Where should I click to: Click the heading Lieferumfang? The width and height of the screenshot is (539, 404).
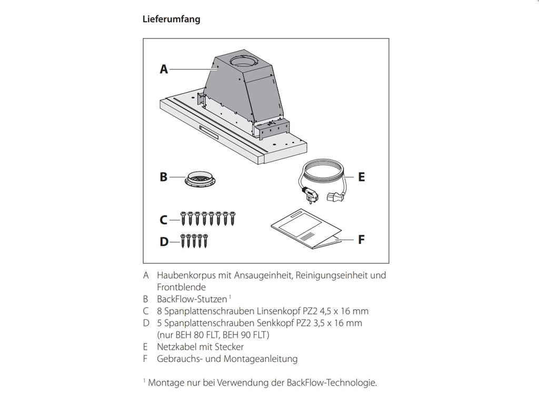pos(171,19)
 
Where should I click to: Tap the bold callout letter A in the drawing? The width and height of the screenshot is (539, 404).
pos(164,69)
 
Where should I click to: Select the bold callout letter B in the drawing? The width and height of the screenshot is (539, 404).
pos(164,177)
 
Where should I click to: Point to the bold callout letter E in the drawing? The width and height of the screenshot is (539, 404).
pos(361,177)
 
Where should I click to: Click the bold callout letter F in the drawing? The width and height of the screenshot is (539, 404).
pos(361,239)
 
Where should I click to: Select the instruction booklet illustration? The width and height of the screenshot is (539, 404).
pos(306,228)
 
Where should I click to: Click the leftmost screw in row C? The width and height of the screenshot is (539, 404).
pos(183,218)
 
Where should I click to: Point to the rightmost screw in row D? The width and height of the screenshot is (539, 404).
pos(205,240)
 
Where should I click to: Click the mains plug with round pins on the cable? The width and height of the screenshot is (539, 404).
pos(311,195)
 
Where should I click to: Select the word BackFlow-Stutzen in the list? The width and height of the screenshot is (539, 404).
pos(192,299)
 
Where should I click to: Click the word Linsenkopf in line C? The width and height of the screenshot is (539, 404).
pos(278,311)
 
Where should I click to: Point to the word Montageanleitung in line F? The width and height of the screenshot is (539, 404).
pos(261,359)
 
